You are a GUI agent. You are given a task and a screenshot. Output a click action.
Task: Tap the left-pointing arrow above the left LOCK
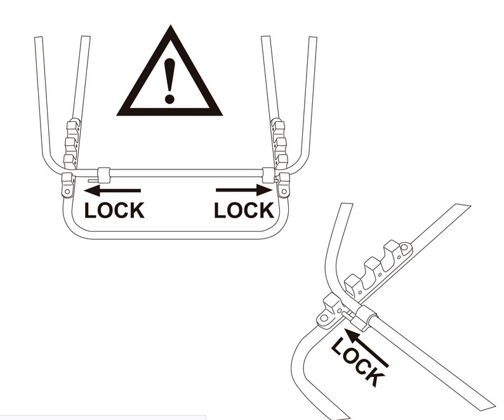click(x=112, y=190)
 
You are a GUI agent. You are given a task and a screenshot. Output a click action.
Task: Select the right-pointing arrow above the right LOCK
click(x=244, y=190)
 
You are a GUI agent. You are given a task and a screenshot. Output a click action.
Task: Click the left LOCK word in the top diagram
click(x=114, y=210)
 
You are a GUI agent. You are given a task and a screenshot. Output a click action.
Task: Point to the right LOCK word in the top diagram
click(x=244, y=210)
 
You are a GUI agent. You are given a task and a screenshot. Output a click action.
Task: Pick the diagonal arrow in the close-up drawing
click(x=366, y=348)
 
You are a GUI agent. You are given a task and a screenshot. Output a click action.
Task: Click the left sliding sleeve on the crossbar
click(x=103, y=175)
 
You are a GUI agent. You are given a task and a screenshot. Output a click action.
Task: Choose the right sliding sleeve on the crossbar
click(x=268, y=175)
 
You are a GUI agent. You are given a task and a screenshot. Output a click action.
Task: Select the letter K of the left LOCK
click(x=136, y=210)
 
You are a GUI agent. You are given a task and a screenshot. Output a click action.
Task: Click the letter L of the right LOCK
click(x=220, y=210)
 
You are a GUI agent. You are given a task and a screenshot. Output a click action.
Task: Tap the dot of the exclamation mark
click(x=169, y=98)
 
